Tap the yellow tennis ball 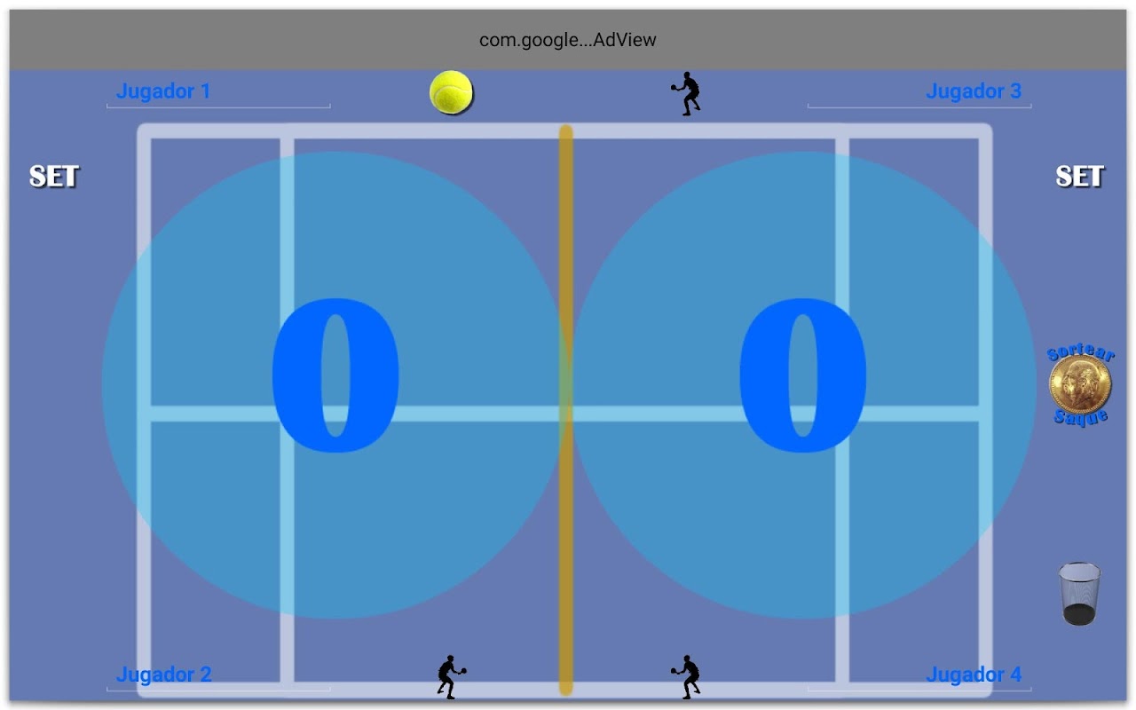[451, 92]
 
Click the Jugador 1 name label [163, 91]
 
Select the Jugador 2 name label [164, 674]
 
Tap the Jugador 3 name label [974, 91]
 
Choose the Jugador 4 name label [974, 674]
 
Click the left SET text [54, 177]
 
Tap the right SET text [1079, 177]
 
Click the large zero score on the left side [335, 375]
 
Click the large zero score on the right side [803, 375]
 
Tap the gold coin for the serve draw [1080, 384]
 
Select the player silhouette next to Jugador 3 [686, 94]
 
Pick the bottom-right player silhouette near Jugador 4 [686, 677]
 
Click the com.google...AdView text [567, 40]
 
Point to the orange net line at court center [566, 410]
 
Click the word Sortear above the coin [1081, 351]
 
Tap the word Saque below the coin [1081, 417]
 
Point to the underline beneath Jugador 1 [218, 106]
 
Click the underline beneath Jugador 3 [919, 106]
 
